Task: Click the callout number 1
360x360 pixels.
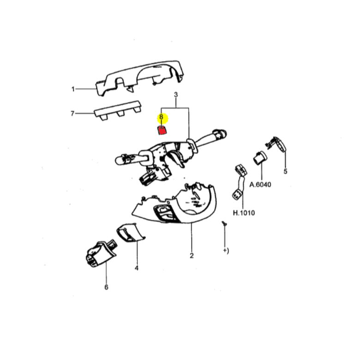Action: point(73,89)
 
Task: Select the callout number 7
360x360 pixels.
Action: point(72,114)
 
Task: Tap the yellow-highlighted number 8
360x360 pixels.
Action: point(161,117)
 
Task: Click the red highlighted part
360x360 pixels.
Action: point(162,130)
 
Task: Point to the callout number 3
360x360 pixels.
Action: point(176,95)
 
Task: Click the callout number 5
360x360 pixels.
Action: point(285,171)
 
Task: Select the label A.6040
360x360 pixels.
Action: point(260,185)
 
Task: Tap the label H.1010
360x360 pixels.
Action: point(244,213)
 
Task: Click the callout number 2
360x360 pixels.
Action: point(192,256)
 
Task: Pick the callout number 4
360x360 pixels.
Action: point(137,268)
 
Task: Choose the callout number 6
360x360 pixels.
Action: point(106,287)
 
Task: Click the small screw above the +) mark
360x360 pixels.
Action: point(224,223)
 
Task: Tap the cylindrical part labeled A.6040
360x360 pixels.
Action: point(260,157)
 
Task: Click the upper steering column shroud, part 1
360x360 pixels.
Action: point(140,78)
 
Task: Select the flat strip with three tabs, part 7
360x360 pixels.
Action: point(118,110)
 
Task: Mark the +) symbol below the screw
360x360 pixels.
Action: point(226,251)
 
